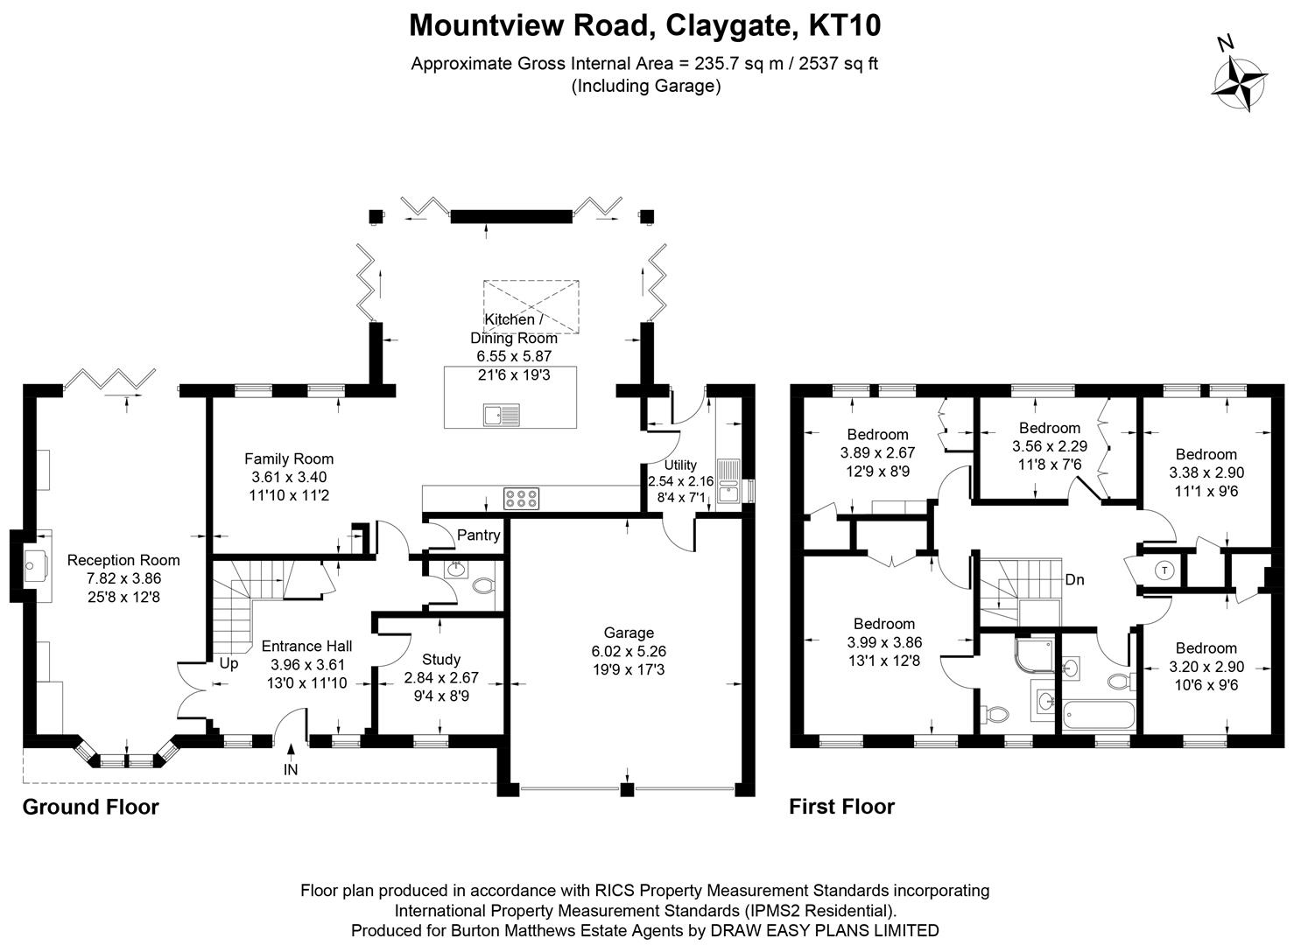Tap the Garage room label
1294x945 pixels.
629,633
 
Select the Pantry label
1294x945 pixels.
479,535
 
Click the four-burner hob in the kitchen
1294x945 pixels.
520,499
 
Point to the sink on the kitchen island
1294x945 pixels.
500,415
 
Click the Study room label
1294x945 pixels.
440,659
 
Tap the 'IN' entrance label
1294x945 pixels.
291,769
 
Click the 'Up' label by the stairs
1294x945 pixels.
229,663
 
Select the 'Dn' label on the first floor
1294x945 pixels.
1075,579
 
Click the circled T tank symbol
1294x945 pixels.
1164,570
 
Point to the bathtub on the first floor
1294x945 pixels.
1099,716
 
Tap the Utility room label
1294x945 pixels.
680,465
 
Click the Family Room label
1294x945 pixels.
289,458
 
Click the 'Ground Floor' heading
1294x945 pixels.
90,807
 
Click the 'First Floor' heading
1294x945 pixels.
841,807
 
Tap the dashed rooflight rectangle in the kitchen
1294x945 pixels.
531,306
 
